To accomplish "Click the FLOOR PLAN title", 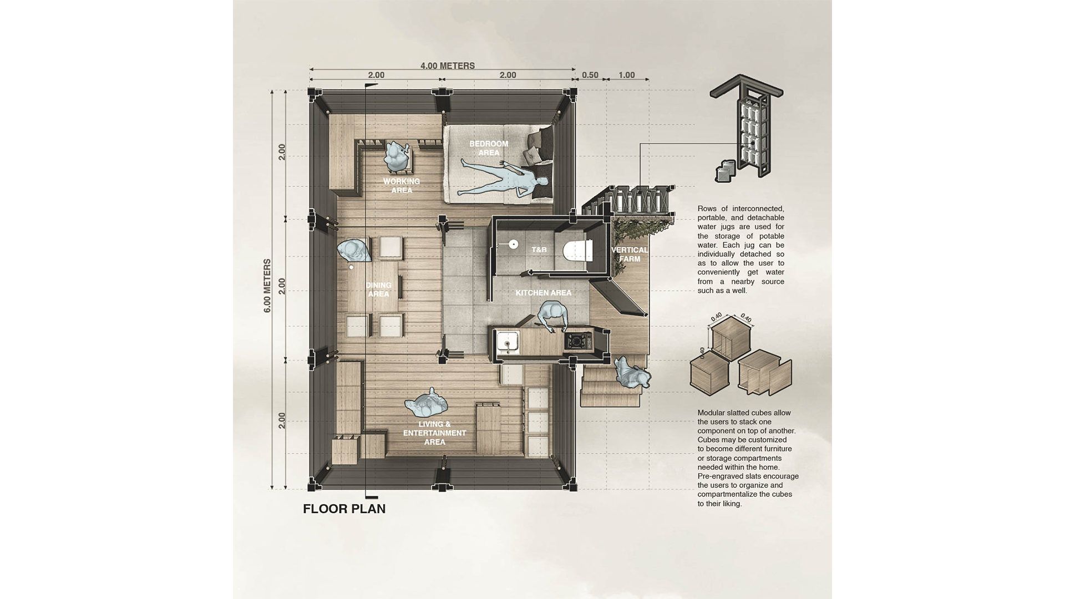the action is [344, 509].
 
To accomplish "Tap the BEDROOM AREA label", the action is [489, 148].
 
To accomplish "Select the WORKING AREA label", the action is [402, 186].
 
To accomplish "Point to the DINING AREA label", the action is [379, 290].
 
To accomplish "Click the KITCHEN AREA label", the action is [544, 293].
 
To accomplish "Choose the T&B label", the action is [539, 250].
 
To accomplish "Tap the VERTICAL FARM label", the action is [630, 255].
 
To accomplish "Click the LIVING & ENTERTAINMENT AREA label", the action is [435, 433].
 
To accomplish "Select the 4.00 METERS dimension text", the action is [448, 65].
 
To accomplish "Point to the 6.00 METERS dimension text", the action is [267, 286].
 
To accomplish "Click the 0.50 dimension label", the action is [590, 75].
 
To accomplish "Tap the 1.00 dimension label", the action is [627, 75].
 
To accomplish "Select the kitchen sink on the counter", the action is [508, 342].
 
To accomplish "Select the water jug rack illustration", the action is [747, 126].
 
